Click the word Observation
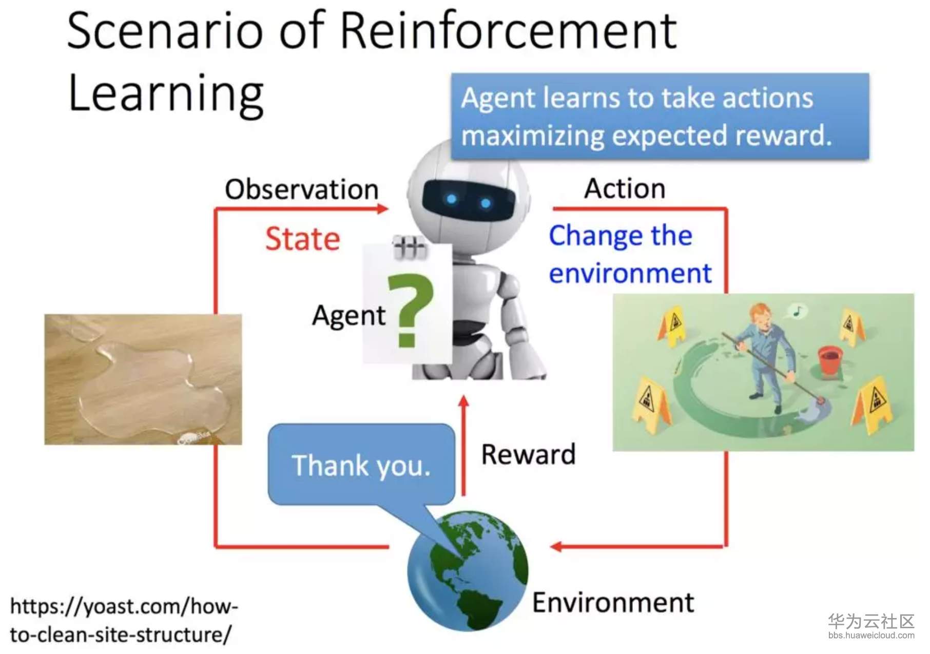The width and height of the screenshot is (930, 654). [302, 189]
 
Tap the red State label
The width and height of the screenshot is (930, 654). [303, 239]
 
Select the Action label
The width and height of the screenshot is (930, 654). [625, 188]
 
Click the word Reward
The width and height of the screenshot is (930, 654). [528, 454]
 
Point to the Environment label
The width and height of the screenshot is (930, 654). [613, 602]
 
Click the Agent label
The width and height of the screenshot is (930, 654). [348, 315]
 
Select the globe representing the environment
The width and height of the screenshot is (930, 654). [468, 571]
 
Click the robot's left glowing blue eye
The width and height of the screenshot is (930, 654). [451, 199]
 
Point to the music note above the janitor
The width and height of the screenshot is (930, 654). [797, 310]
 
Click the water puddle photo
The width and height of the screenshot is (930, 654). [143, 379]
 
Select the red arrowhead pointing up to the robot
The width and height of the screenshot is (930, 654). [463, 401]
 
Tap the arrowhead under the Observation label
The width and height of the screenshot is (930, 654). [382, 208]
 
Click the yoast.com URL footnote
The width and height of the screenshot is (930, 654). [123, 620]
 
